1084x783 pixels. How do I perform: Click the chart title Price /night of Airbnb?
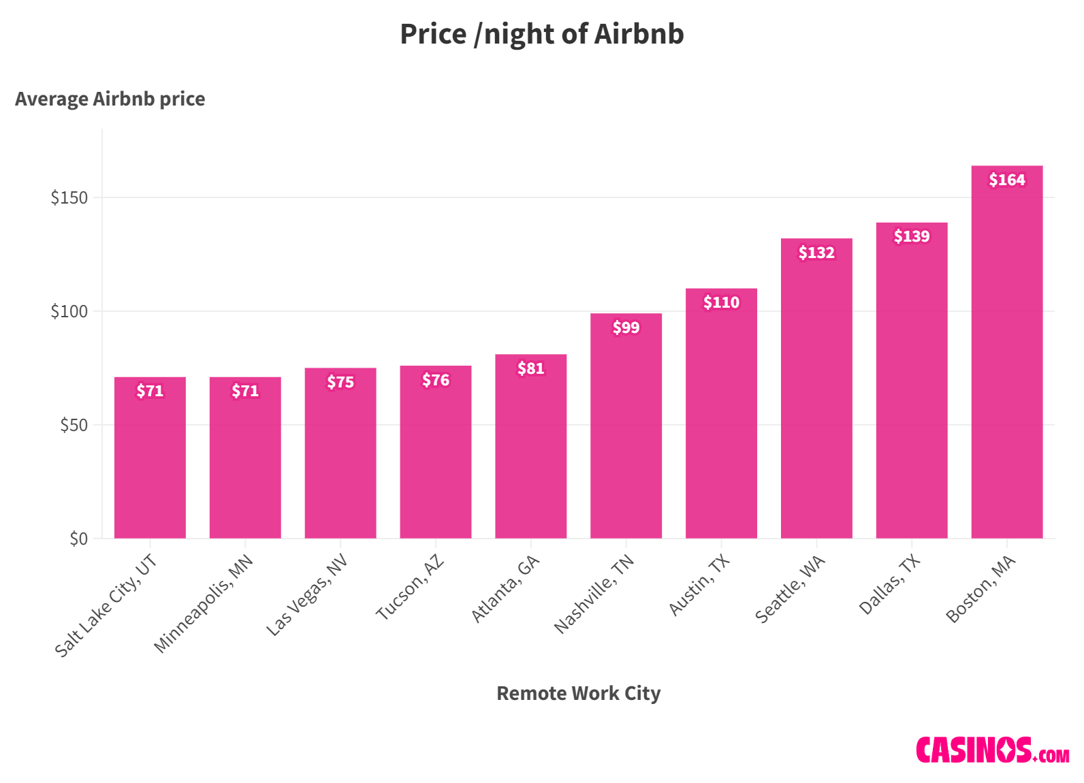pyautogui.click(x=541, y=34)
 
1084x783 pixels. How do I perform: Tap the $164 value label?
pyautogui.click(x=1006, y=180)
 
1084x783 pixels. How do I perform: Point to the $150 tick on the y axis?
pyautogui.click(x=69, y=197)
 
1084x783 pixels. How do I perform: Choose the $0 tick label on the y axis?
pyautogui.click(x=78, y=539)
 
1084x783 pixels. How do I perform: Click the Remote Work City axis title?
pyautogui.click(x=578, y=693)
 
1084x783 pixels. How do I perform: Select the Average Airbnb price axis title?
pyautogui.click(x=110, y=99)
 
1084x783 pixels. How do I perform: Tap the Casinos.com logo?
pyautogui.click(x=992, y=750)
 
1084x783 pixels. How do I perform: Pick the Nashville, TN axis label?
pyautogui.click(x=594, y=594)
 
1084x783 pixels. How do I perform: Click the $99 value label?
pyautogui.click(x=626, y=327)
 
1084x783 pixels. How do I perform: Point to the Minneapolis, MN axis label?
pyautogui.click(x=204, y=603)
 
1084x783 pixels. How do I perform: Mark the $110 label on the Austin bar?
pyautogui.click(x=721, y=302)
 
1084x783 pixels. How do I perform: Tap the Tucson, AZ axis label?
pyautogui.click(x=411, y=587)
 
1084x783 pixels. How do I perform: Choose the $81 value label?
pyautogui.click(x=530, y=368)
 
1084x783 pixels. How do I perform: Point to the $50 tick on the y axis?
pyautogui.click(x=74, y=425)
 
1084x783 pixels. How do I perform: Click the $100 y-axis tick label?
pyautogui.click(x=69, y=311)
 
